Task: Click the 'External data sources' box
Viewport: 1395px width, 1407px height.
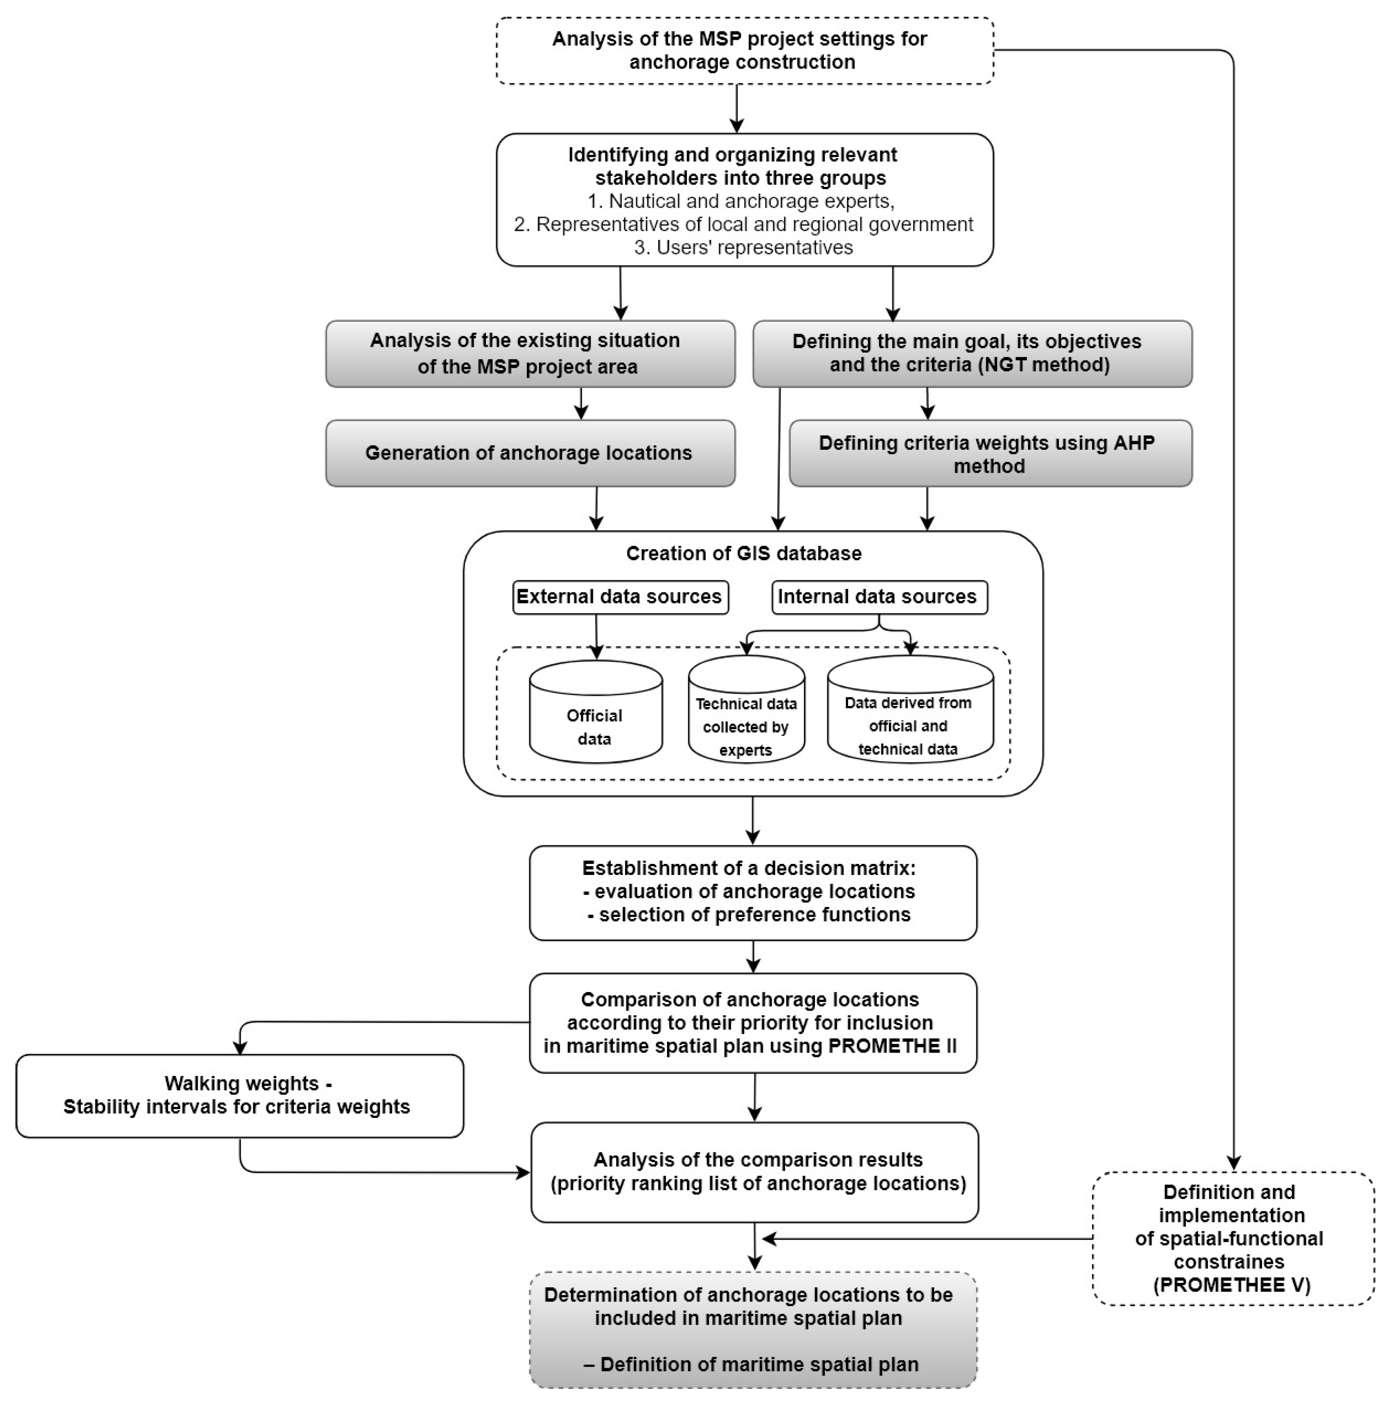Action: (x=620, y=597)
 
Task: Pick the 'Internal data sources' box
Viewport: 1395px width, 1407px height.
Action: (x=878, y=597)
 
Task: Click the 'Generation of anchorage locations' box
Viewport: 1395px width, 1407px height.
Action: (x=529, y=453)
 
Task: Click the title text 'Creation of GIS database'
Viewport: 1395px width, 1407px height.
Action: (x=743, y=554)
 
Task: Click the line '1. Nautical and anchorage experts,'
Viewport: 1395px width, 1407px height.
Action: (x=740, y=201)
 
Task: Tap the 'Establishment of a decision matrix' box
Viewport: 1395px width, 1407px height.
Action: (x=752, y=892)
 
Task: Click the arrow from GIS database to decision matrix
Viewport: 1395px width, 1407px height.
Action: (x=753, y=821)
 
